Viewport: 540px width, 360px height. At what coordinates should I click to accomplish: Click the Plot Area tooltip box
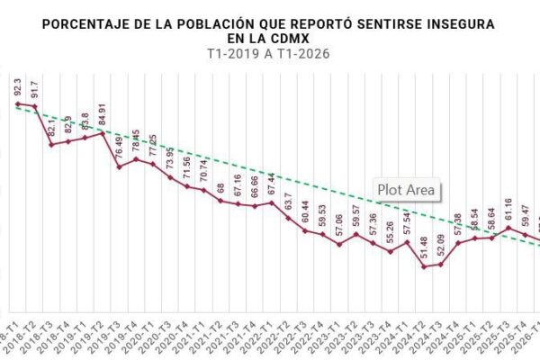tap(406, 190)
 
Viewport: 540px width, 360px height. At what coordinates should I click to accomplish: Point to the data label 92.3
tap(18, 88)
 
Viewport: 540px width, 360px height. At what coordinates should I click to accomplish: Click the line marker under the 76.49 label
tap(119, 166)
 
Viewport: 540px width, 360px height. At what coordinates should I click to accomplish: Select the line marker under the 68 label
tap(220, 200)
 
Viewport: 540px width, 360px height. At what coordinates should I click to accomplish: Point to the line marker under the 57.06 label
tap(339, 244)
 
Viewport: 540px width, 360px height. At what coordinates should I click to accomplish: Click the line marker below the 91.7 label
tap(34, 107)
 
